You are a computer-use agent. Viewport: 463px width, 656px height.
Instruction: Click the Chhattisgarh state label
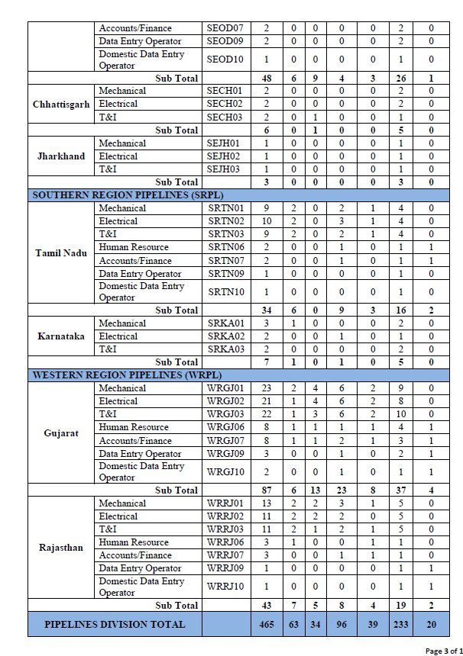click(x=63, y=104)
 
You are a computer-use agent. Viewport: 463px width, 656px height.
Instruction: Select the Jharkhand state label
click(x=63, y=156)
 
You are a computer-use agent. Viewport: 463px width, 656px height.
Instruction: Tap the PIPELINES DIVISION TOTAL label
click(x=115, y=624)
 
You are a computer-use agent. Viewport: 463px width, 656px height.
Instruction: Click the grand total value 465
click(x=266, y=624)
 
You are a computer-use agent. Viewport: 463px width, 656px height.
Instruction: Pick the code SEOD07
click(x=225, y=28)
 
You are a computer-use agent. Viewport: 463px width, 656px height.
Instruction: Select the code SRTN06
click(x=225, y=247)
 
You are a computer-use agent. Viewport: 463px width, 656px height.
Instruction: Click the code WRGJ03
click(x=225, y=414)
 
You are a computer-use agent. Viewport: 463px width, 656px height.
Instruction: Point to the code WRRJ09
click(x=225, y=568)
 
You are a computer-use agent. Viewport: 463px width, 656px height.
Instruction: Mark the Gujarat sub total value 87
click(x=266, y=490)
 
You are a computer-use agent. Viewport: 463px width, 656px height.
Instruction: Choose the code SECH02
click(x=225, y=104)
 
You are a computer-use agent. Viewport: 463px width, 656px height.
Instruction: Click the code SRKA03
click(x=225, y=349)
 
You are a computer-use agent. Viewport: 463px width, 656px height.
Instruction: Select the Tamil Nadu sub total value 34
click(x=266, y=310)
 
